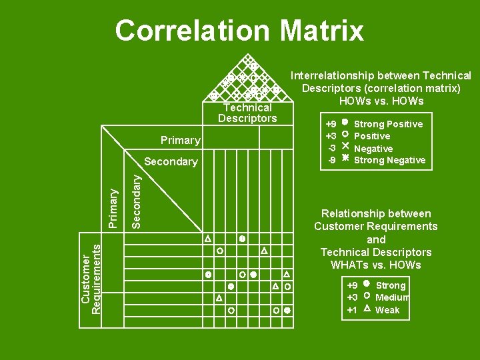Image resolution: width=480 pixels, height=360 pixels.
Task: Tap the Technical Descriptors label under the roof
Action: [x=247, y=113]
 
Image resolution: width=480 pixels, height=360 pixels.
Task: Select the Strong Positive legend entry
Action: [x=388, y=124]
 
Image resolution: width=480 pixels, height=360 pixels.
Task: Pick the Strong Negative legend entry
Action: [x=389, y=160]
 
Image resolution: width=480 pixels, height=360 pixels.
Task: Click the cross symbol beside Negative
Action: [x=345, y=148]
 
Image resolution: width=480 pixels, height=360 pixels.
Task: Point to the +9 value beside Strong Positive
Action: [x=331, y=124]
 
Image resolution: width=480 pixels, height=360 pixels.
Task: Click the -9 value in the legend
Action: [x=331, y=160]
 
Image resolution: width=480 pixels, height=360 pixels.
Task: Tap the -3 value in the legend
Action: [x=331, y=148]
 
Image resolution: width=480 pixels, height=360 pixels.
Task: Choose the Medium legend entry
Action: [x=392, y=297]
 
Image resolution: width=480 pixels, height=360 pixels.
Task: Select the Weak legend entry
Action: [x=387, y=310]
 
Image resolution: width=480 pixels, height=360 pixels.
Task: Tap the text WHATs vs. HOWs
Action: [x=376, y=265]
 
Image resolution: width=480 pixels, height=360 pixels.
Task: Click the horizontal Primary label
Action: [x=180, y=140]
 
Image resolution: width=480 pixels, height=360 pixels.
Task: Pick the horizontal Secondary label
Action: [x=171, y=161]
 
